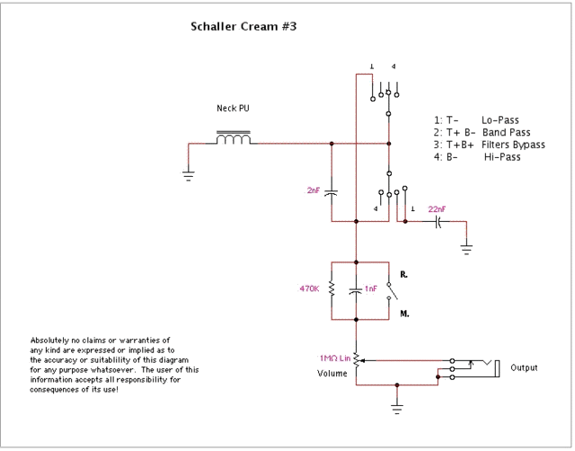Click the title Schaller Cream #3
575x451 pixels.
tap(243, 26)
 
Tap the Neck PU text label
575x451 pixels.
tap(233, 109)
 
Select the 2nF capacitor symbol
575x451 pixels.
tap(331, 190)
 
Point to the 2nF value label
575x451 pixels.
tap(314, 190)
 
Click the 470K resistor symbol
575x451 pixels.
tap(331, 289)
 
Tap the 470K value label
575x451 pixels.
tap(310, 289)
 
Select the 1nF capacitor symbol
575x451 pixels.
tap(356, 289)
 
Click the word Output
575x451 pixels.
tap(526, 367)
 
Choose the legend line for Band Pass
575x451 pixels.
tap(489, 132)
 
